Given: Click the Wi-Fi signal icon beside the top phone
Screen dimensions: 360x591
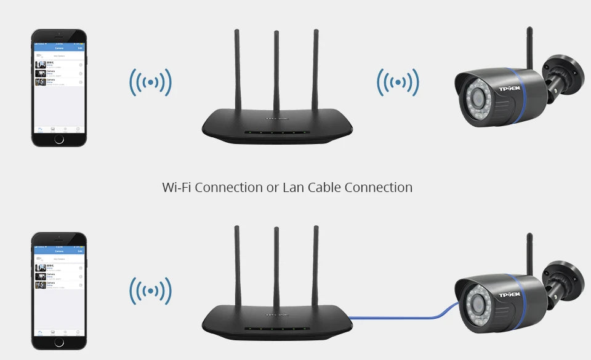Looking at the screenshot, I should pos(150,82).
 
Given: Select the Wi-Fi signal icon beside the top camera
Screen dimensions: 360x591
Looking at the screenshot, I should pos(398,82).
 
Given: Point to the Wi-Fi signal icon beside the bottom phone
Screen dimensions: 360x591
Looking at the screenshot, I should pos(150,290).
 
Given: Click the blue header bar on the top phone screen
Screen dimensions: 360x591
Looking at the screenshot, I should pos(59,48).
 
